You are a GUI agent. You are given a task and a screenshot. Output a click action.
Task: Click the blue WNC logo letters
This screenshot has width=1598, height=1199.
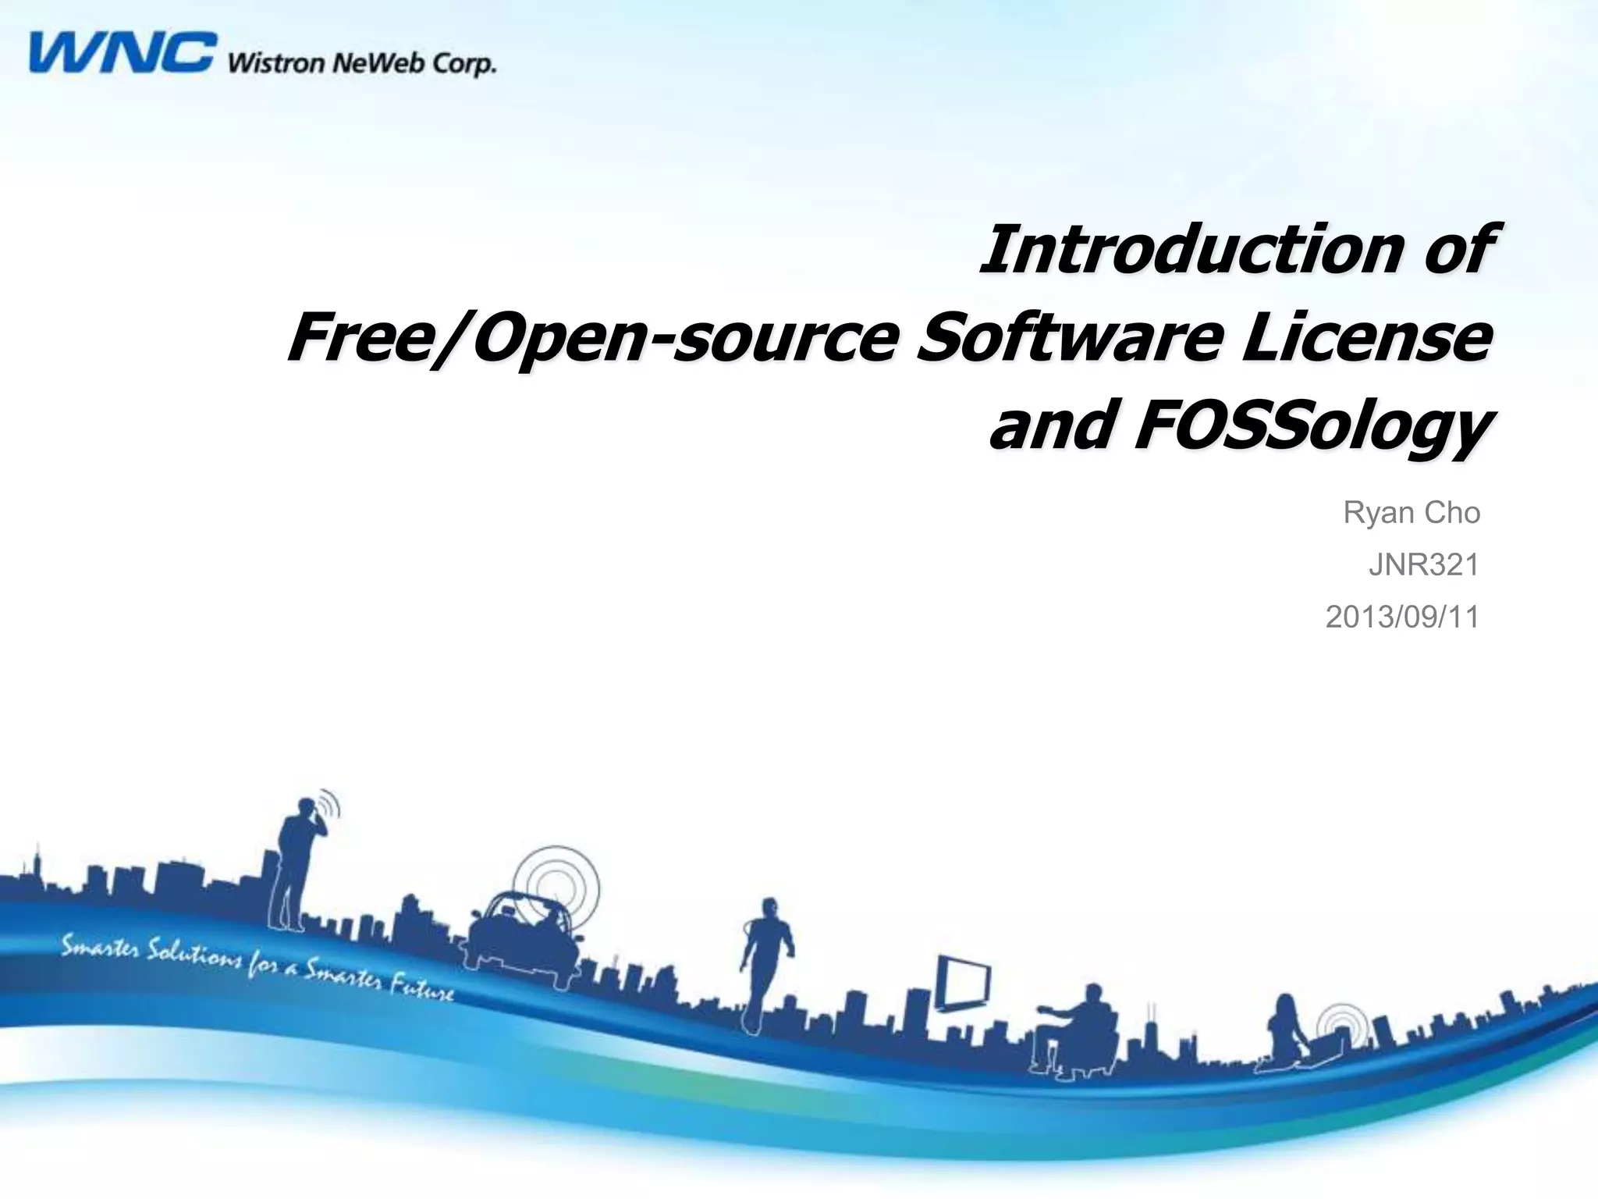[121, 53]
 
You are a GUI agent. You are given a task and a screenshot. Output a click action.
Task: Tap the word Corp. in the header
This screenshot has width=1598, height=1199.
[463, 63]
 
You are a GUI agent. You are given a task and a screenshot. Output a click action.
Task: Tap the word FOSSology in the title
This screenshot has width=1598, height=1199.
[1311, 428]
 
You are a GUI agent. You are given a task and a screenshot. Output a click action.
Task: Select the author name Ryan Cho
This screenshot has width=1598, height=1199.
[1411, 513]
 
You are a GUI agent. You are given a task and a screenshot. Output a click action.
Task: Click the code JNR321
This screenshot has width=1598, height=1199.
[1423, 565]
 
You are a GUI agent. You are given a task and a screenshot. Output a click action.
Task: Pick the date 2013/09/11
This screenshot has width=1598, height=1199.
[1402, 617]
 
